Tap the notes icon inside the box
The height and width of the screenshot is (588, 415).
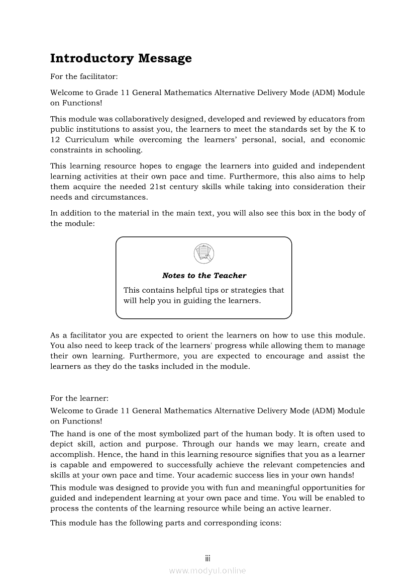click(x=203, y=253)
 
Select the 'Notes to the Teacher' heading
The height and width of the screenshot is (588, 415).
click(x=204, y=276)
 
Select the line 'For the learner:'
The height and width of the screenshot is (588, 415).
click(x=79, y=398)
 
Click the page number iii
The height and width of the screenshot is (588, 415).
click(x=207, y=558)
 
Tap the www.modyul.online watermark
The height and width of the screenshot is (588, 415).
click(x=207, y=570)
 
